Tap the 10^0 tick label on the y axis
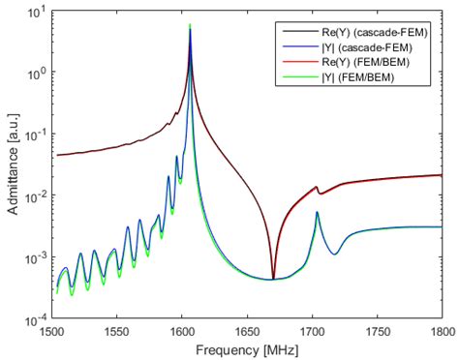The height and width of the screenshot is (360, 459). [36, 75]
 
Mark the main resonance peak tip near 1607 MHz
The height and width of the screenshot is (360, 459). [190, 25]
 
